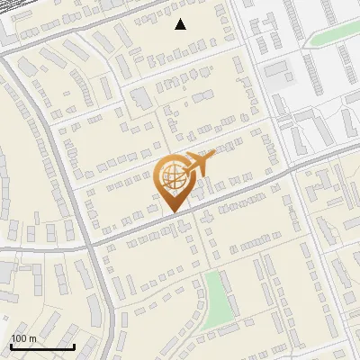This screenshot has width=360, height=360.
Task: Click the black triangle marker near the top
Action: (181, 24)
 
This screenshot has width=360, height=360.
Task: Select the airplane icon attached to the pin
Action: (200, 164)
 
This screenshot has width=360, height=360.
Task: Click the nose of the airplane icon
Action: (214, 154)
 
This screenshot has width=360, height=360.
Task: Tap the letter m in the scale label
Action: (32, 338)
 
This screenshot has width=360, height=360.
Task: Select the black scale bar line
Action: (42, 346)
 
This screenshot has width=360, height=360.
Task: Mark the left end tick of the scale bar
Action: (11, 345)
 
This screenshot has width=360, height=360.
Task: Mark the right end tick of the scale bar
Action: (74, 345)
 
